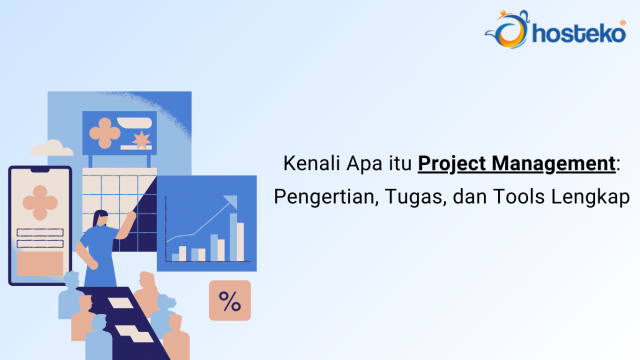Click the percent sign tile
pos(229,301)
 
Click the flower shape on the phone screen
pos(40,200)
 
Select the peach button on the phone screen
pos(40,262)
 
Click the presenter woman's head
pos(102,217)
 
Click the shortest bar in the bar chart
pos(176,256)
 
